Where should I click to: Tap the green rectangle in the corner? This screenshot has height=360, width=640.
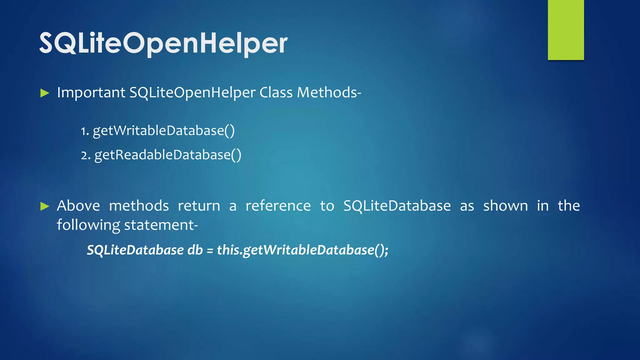click(x=566, y=30)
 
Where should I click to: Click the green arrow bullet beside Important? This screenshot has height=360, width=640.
click(x=45, y=93)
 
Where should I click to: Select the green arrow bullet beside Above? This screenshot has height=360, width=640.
click(x=45, y=206)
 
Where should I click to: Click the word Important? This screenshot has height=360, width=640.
click(x=91, y=92)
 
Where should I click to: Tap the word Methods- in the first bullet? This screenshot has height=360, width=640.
click(x=329, y=92)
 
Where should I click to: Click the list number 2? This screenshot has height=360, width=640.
click(x=84, y=155)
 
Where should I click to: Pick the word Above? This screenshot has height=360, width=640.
click(x=78, y=206)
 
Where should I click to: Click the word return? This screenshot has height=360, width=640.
click(x=199, y=206)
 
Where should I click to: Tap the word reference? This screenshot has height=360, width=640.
click(x=278, y=206)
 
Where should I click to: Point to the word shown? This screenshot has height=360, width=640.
click(x=505, y=206)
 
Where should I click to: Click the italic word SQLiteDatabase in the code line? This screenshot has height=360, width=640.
click(x=135, y=250)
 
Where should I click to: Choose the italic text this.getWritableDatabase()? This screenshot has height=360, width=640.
click(x=302, y=250)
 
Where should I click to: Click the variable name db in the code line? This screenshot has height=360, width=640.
click(x=195, y=250)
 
